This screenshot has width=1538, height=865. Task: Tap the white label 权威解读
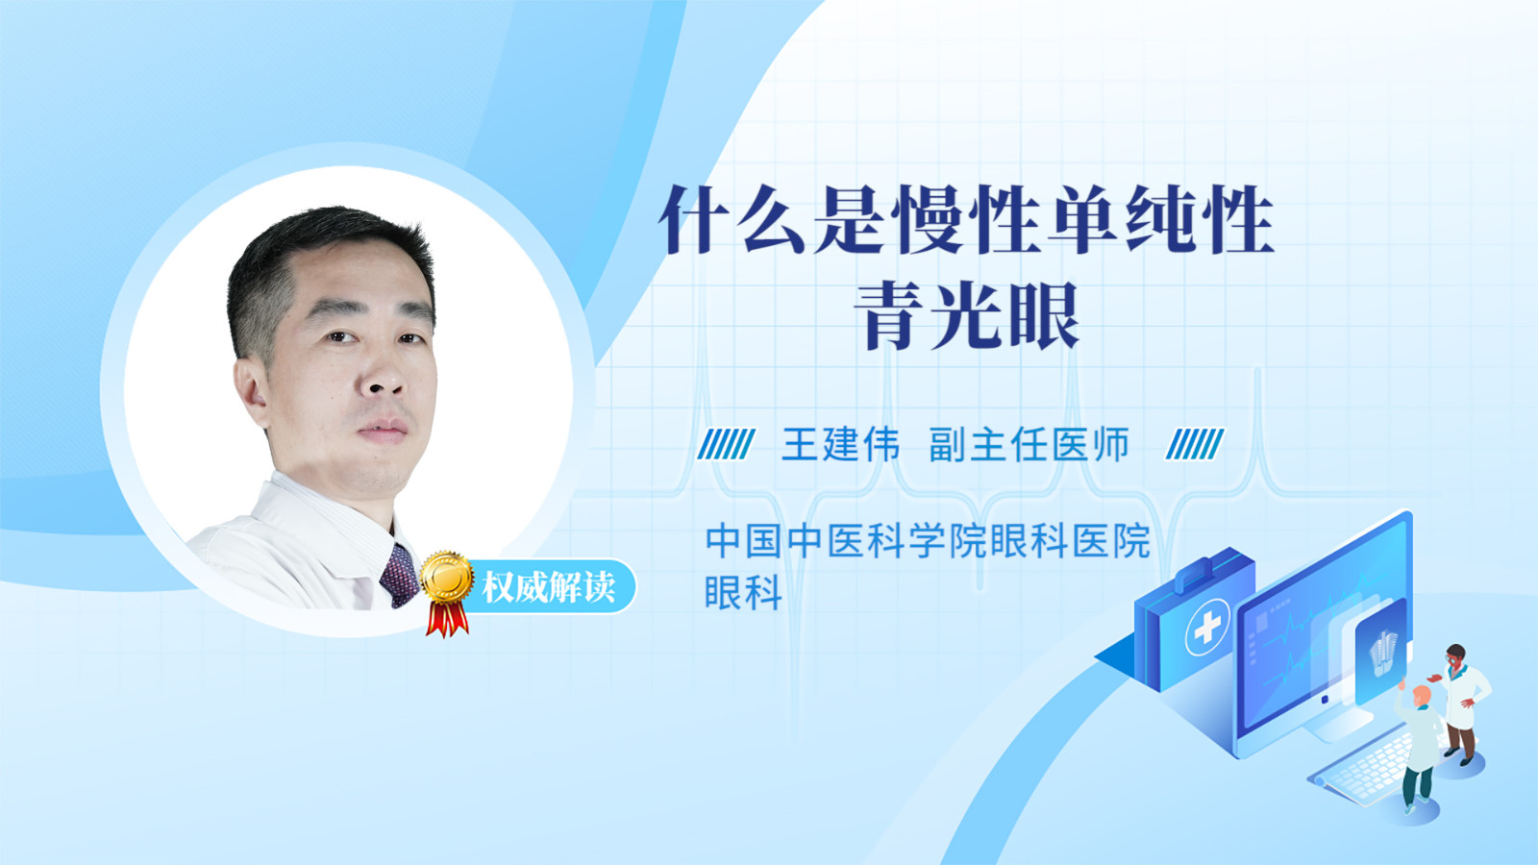coord(548,586)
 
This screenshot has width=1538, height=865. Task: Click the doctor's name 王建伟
coord(840,444)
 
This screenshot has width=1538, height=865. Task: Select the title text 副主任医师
coord(1029,444)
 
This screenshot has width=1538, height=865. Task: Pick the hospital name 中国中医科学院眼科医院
coord(928,541)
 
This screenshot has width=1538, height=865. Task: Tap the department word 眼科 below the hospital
coord(744,592)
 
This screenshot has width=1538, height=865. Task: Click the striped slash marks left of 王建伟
coord(726,444)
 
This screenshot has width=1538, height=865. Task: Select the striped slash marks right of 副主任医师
coord(1195,444)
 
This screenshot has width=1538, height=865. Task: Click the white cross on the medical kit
coord(1207,627)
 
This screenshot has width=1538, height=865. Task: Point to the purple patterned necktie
coord(399,576)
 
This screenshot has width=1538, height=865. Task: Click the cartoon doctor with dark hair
coord(1462,704)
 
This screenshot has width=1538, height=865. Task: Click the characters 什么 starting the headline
coord(732,220)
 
